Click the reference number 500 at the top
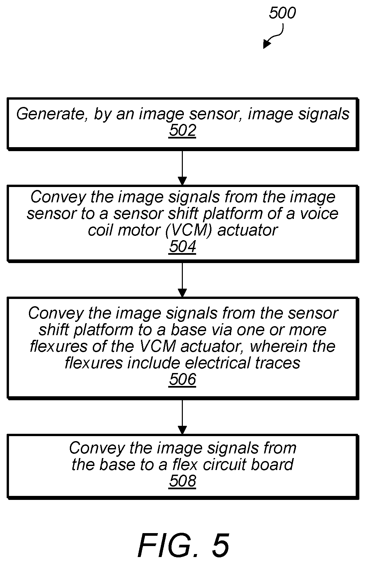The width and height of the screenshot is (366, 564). click(282, 13)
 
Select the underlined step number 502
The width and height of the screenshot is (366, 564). click(183, 131)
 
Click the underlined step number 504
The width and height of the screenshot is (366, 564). click(183, 246)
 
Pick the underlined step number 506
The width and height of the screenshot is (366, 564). click(183, 379)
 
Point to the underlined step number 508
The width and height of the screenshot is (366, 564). click(183, 481)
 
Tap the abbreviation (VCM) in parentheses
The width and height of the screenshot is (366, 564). click(188, 230)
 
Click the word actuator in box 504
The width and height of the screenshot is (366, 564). click(247, 230)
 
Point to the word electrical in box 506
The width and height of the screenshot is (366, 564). click(218, 363)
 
